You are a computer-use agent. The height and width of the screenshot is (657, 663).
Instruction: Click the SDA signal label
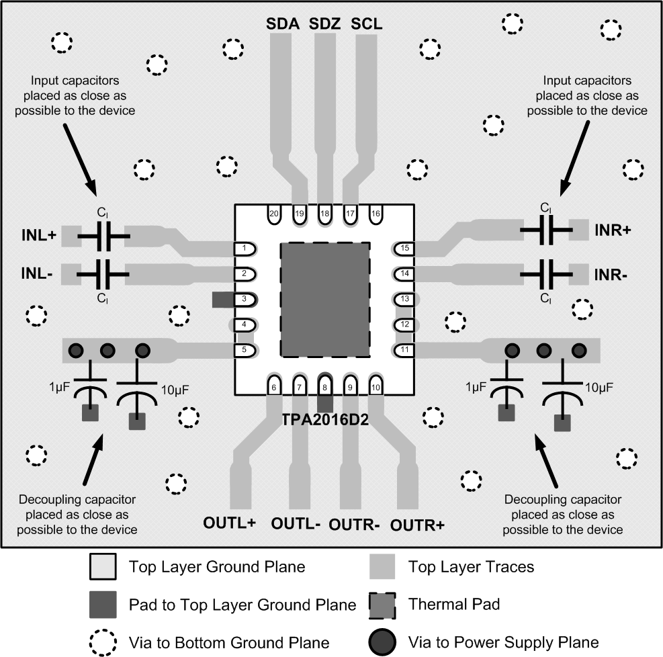point(282,24)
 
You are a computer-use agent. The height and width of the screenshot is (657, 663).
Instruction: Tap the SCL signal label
point(367,24)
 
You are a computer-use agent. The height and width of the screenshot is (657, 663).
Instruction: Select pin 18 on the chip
point(325,214)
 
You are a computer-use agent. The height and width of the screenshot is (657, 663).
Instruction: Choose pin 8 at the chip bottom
point(325,387)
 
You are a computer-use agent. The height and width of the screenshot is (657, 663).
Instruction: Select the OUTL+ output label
point(230,523)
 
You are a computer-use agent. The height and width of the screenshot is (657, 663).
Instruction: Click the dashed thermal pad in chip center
point(325,300)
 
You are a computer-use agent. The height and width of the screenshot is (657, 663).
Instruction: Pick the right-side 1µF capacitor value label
point(476,389)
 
